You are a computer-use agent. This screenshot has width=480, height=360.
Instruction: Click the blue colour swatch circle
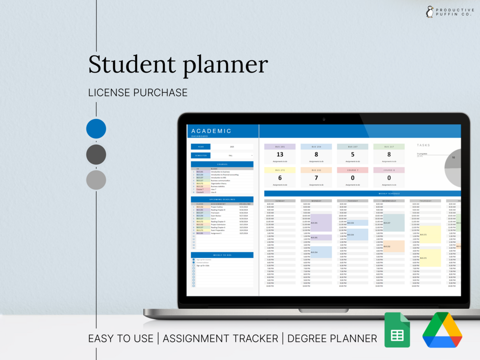click(96, 129)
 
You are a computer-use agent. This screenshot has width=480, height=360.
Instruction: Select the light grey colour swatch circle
click(96, 180)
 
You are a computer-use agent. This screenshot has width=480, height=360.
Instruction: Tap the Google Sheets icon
click(397, 330)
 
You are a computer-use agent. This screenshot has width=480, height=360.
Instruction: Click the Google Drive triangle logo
click(442, 330)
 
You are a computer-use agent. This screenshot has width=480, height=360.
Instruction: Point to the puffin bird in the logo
click(429, 12)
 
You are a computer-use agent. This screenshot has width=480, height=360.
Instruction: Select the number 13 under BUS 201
click(280, 155)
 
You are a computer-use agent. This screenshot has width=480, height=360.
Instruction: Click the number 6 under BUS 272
click(280, 178)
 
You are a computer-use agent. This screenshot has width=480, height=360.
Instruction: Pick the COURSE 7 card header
click(352, 170)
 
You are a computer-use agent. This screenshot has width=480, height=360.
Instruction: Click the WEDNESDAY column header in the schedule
click(389, 201)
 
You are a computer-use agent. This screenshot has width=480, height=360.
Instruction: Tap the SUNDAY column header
click(280, 201)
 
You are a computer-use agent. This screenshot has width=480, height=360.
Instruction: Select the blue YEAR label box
click(201, 147)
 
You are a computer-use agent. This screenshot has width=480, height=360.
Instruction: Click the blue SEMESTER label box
click(201, 155)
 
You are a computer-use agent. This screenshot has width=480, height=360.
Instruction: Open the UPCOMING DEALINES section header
click(222, 199)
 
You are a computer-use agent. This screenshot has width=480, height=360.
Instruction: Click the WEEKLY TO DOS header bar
click(222, 255)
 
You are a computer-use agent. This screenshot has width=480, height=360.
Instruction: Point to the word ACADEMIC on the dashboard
click(211, 131)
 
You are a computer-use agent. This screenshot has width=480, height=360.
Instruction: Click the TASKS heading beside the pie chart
click(423, 145)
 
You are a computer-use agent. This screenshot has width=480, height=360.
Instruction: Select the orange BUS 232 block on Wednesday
click(394, 246)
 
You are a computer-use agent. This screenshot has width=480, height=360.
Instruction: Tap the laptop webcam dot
click(324, 119)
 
